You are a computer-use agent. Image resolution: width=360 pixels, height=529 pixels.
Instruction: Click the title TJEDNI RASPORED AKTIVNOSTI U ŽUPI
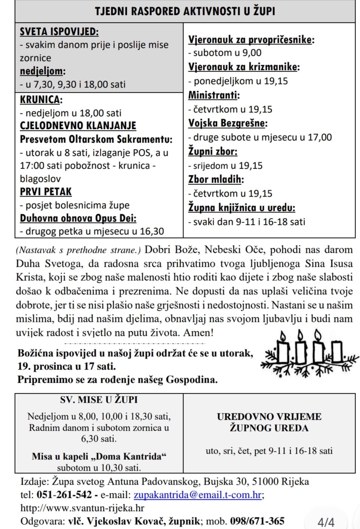point(185,11)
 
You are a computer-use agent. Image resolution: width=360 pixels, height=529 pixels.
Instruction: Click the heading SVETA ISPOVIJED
point(59,31)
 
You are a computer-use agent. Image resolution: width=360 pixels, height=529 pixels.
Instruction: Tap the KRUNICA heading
point(41,100)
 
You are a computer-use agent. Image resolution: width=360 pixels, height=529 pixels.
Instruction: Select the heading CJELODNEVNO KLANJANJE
point(78,125)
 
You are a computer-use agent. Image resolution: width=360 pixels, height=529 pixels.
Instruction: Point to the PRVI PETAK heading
point(46,192)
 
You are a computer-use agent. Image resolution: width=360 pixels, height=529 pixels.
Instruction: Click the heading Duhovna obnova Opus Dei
point(78,218)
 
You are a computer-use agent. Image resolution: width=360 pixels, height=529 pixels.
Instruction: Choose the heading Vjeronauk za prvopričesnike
point(251,39)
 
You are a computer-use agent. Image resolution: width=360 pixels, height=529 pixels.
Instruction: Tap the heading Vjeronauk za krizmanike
point(244,67)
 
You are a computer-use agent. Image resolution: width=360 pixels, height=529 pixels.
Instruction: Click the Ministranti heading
point(214,95)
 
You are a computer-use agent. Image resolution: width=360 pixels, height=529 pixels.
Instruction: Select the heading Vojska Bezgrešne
point(228,123)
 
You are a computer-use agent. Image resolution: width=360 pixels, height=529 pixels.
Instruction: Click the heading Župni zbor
point(213,151)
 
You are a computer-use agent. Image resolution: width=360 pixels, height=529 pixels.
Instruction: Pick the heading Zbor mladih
point(216,179)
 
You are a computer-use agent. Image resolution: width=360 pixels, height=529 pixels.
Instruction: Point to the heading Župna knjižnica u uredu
point(242,207)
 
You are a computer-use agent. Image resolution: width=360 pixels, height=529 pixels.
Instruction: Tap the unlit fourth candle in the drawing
point(337,351)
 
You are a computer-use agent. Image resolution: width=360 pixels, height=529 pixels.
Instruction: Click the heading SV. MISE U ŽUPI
point(99,400)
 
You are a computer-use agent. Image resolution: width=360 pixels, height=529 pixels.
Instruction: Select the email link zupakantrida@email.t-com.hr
point(198,495)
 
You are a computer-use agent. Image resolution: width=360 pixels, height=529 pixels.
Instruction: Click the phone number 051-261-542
point(64,495)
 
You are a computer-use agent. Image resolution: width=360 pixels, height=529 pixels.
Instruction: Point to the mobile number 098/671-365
point(257,521)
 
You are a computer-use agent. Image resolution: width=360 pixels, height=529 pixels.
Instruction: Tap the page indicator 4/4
point(326,522)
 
